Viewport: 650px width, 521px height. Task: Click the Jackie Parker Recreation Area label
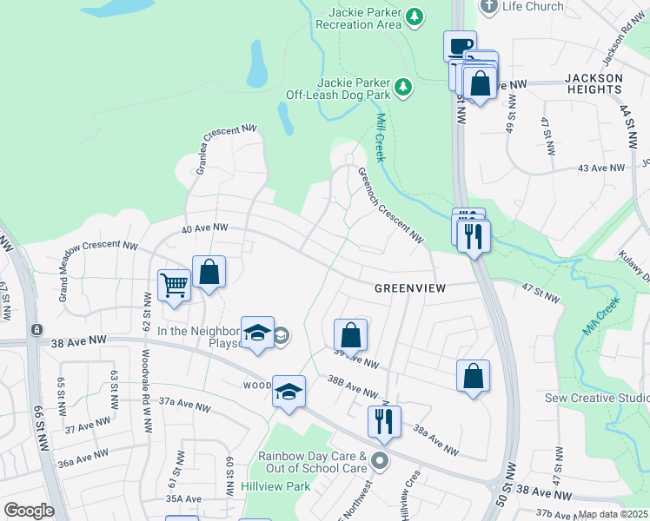365,18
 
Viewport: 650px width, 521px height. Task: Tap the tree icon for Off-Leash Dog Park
402,86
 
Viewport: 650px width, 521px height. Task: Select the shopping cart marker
175,285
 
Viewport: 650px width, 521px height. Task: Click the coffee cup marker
460,46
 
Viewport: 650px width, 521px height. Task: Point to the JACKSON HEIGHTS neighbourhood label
594,84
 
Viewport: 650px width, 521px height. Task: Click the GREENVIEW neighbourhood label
409,287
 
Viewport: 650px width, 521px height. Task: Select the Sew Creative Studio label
596,398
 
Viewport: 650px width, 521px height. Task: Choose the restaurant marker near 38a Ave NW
384,421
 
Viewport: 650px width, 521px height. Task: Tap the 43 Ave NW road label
601,168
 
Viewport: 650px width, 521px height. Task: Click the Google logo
28,511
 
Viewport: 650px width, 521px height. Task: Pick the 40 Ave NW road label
205,228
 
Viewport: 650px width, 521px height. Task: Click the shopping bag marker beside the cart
209,272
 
